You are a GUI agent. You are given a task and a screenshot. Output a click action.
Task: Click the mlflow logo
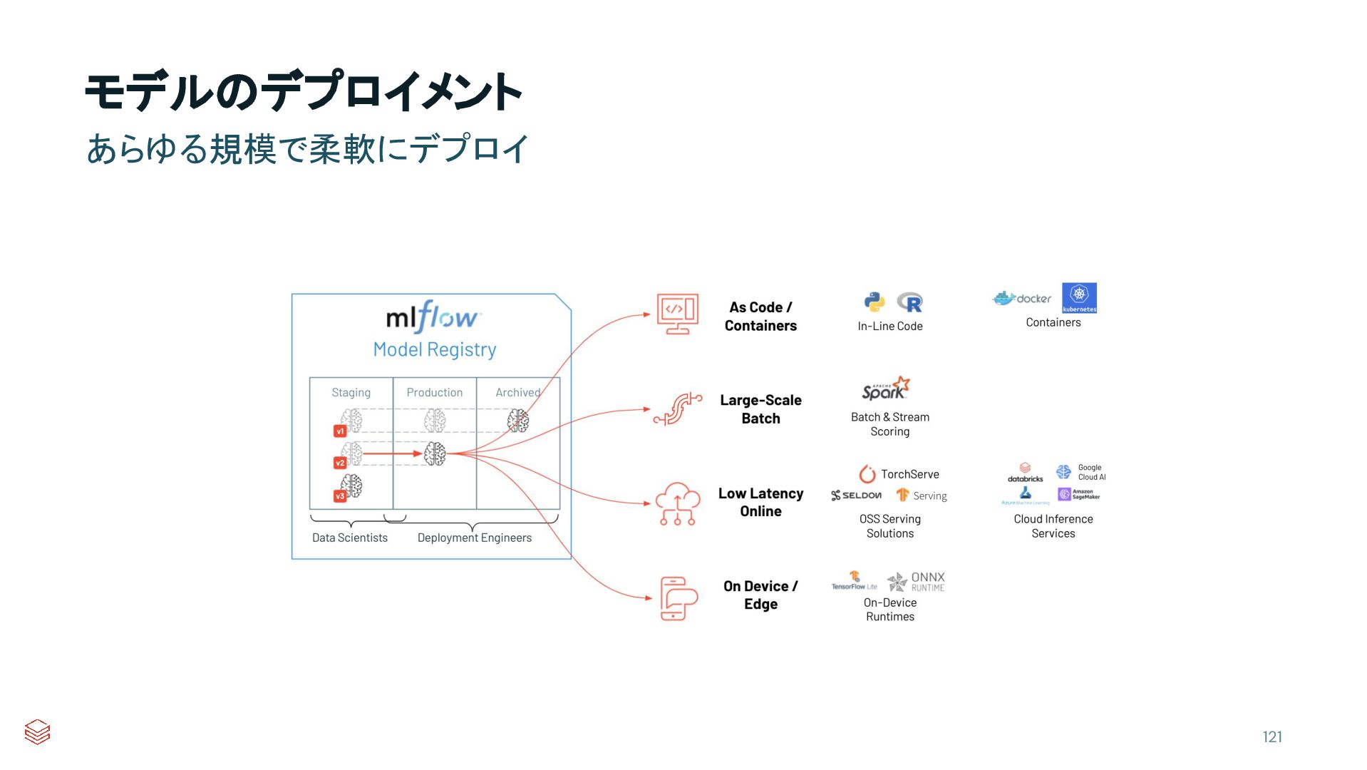(x=433, y=317)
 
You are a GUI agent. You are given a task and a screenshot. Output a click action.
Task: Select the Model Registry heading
(x=435, y=349)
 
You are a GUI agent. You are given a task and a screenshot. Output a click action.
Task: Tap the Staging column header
(x=351, y=392)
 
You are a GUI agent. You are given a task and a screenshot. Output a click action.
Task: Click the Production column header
(x=434, y=392)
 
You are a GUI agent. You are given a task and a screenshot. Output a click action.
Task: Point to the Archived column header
(x=517, y=392)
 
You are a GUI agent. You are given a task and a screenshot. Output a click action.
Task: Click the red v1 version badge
(x=340, y=431)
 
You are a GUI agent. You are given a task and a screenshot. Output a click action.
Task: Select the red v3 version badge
(x=340, y=496)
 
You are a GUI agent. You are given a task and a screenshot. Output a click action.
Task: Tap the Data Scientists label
(x=349, y=538)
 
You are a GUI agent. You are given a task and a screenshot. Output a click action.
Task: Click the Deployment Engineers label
(x=474, y=538)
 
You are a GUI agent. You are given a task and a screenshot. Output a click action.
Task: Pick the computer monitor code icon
(x=677, y=314)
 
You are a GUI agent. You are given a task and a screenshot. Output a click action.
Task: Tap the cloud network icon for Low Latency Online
(x=677, y=503)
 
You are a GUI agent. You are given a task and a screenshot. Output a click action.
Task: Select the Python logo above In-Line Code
(x=875, y=302)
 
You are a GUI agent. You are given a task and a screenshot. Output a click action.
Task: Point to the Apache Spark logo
(x=885, y=389)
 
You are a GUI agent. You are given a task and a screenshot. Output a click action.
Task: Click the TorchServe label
(x=909, y=474)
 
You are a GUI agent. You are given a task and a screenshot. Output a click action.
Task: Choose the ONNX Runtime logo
(x=917, y=582)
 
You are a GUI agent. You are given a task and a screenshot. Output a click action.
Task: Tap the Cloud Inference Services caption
(x=1053, y=526)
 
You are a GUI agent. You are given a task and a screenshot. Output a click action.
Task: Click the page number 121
(x=1271, y=736)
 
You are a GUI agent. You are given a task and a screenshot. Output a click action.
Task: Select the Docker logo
(x=1022, y=299)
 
